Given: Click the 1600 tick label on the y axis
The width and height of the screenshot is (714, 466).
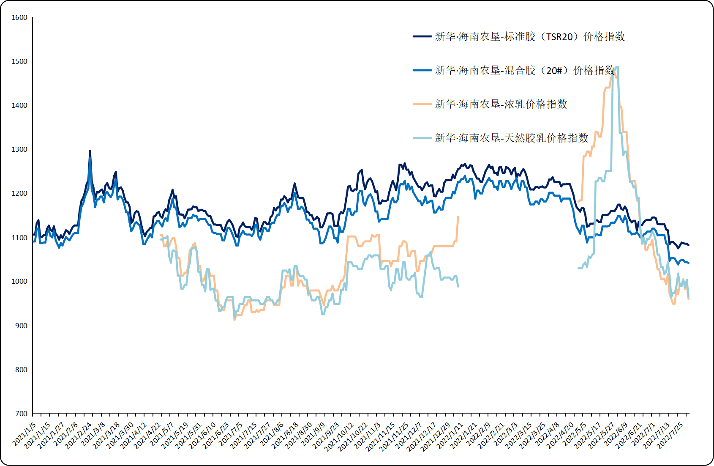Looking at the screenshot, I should click(x=19, y=18).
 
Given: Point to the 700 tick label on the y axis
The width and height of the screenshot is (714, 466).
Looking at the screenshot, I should click(x=21, y=414).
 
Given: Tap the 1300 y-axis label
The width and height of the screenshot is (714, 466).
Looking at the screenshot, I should click(x=19, y=150).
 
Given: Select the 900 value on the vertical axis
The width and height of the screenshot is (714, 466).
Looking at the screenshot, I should click(x=21, y=326).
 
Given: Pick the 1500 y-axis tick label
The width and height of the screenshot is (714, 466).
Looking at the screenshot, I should click(x=19, y=62).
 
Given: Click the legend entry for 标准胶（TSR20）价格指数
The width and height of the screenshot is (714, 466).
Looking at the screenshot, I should click(x=530, y=37).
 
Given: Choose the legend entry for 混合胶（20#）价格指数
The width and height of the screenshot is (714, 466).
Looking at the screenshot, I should click(x=525, y=71).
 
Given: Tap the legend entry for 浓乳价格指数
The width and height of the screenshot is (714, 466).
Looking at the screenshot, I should click(x=501, y=104).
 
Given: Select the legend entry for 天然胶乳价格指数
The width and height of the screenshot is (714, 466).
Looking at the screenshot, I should click(x=512, y=138).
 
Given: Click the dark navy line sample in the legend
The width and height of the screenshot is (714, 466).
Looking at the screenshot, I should click(x=422, y=37).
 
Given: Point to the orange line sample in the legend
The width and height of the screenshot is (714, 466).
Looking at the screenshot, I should click(x=422, y=104).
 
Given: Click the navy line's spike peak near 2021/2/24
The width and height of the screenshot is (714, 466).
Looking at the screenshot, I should click(x=90, y=151).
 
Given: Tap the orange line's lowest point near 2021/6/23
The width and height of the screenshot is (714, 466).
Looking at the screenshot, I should click(x=234, y=320).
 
